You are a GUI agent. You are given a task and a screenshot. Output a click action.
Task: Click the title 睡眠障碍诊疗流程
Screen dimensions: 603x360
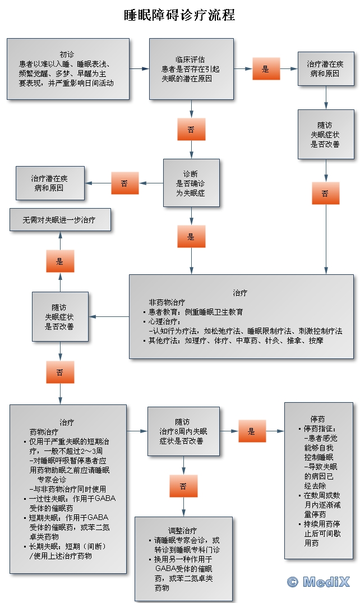[179, 15]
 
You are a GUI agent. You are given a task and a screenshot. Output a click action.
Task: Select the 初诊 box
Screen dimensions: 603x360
[68, 69]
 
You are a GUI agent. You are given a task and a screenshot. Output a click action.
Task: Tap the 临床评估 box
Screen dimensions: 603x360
[191, 68]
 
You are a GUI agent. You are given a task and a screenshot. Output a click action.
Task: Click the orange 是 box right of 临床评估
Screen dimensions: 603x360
[265, 68]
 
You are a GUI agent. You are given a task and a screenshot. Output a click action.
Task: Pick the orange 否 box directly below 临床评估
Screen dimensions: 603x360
[191, 129]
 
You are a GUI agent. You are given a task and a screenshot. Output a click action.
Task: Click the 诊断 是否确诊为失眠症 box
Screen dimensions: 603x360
[191, 183]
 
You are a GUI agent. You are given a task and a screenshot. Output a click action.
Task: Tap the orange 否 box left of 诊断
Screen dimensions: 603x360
[124, 183]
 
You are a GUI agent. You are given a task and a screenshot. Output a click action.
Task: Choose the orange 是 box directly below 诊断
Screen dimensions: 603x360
[191, 236]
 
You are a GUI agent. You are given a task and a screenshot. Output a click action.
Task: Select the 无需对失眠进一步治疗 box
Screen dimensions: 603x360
[59, 220]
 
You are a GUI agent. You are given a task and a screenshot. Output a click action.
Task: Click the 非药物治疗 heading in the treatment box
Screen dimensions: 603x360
[167, 302]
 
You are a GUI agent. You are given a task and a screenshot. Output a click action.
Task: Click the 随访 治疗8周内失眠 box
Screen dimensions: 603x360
[183, 431]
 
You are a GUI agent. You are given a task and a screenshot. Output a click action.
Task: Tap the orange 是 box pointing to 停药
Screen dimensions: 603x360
[252, 431]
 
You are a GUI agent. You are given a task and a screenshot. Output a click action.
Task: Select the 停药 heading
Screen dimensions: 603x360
[317, 419]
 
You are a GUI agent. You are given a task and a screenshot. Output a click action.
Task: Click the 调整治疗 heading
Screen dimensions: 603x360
[183, 530]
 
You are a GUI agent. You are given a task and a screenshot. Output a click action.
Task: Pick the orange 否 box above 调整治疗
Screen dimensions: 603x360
[183, 486]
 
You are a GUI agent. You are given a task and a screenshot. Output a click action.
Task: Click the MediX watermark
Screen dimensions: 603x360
[318, 582]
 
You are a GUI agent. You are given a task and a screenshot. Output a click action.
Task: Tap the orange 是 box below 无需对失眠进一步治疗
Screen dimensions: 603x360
[59, 261]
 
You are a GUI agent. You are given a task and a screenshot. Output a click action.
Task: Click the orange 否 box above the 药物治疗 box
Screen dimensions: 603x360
[59, 372]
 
